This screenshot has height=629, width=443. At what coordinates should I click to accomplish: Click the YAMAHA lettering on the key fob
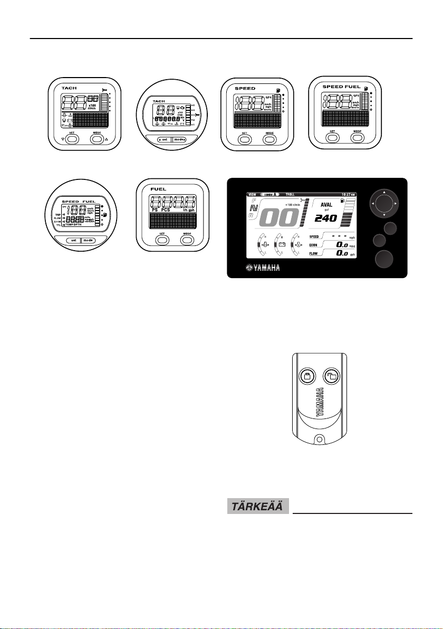pyautogui.click(x=320, y=404)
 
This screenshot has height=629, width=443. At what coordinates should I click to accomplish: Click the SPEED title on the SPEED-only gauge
pyautogui.click(x=245, y=88)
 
